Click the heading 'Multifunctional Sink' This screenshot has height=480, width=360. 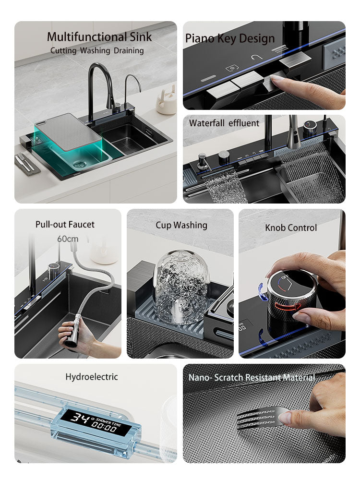[x=99, y=37]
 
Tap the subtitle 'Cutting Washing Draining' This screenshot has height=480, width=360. [x=97, y=50]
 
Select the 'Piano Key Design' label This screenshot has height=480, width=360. [x=230, y=38]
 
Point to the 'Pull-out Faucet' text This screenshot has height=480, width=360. [x=65, y=224]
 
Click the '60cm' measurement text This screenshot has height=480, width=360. [x=68, y=239]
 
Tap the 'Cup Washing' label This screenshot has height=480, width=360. [x=181, y=225]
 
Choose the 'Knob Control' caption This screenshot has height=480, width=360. [x=291, y=228]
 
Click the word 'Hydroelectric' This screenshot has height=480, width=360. [x=91, y=377]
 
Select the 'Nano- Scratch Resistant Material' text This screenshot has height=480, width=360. [x=252, y=377]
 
